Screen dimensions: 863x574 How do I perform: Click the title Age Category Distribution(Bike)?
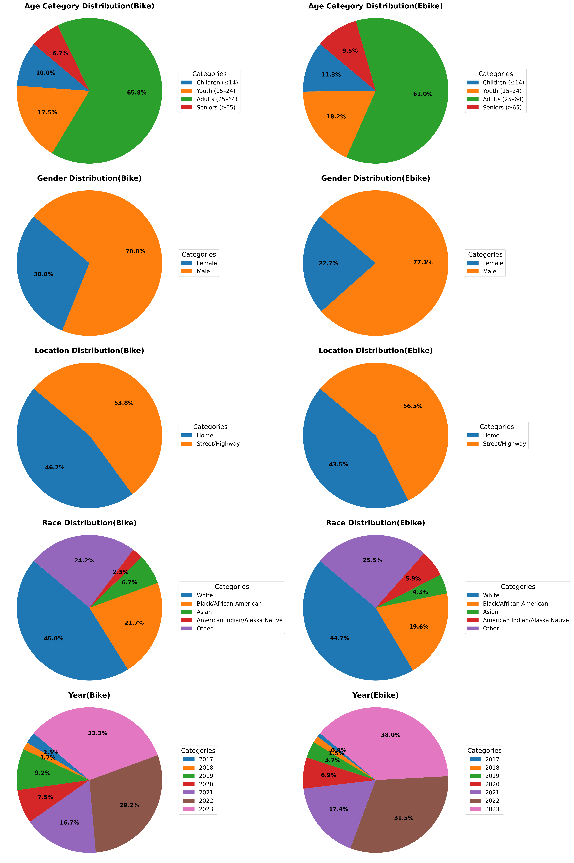(89, 6)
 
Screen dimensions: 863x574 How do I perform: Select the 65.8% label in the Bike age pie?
(137, 93)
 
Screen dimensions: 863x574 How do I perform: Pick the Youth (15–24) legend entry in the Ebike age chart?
(502, 91)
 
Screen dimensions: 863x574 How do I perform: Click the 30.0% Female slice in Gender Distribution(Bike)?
(40, 278)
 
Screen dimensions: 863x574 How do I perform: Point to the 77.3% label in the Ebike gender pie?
(423, 262)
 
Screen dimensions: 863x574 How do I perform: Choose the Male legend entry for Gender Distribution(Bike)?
(203, 271)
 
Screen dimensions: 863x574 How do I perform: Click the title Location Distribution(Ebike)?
(376, 351)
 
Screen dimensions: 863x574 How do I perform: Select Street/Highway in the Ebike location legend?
(504, 444)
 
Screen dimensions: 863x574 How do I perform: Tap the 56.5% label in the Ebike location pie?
(413, 406)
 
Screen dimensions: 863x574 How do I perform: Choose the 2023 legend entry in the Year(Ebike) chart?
(492, 809)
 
